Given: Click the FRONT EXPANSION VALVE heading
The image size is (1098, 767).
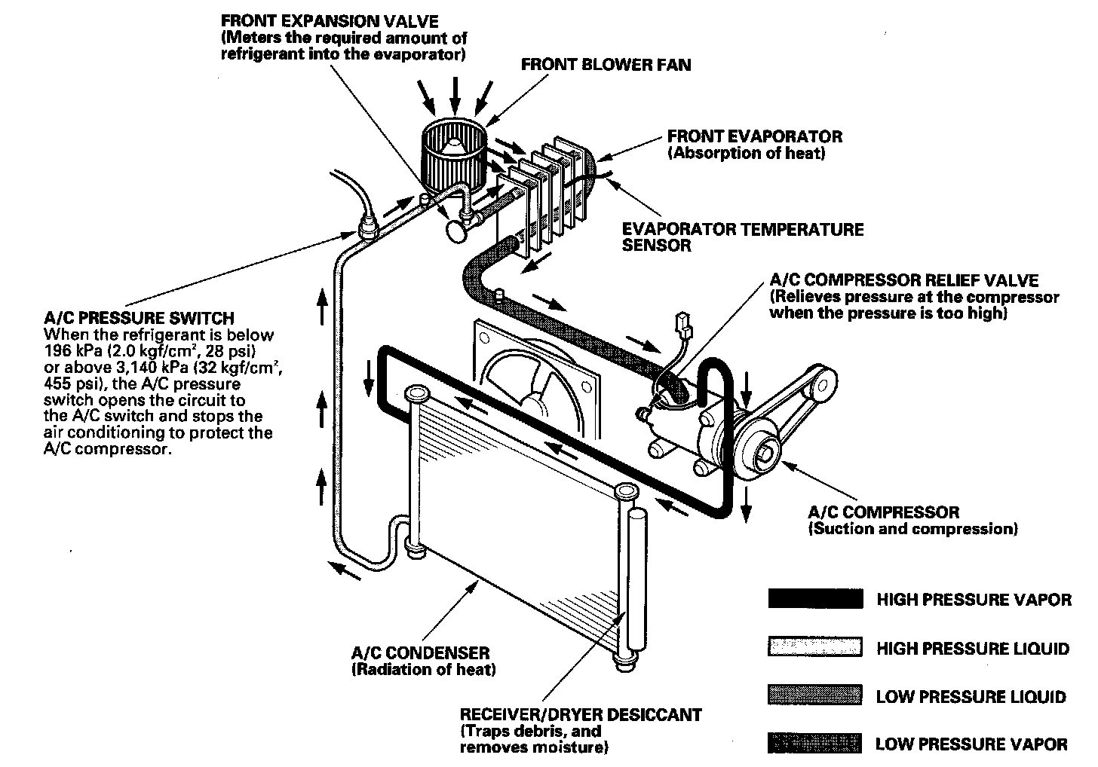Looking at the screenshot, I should [x=329, y=20].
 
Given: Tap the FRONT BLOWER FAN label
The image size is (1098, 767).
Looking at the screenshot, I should [x=606, y=65].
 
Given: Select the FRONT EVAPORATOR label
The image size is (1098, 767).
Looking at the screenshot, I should [x=754, y=136].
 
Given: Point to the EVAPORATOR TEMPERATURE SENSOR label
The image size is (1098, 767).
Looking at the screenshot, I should [x=742, y=237].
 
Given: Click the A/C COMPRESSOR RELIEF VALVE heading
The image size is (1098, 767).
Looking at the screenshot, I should [x=903, y=280].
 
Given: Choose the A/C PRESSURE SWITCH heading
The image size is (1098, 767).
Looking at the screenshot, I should [x=139, y=318].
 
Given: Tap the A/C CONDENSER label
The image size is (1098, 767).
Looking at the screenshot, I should [x=420, y=653].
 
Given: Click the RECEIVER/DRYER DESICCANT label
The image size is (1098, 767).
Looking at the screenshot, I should [x=580, y=714].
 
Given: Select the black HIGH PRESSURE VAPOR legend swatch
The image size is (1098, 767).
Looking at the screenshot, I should [x=814, y=599].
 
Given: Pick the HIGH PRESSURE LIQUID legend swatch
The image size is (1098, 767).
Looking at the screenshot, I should [x=814, y=647].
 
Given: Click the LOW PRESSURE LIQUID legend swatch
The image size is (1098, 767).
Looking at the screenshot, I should [x=814, y=695].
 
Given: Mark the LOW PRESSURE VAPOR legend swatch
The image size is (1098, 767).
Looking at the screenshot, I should [x=814, y=744].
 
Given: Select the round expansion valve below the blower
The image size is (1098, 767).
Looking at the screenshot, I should [x=457, y=229].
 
